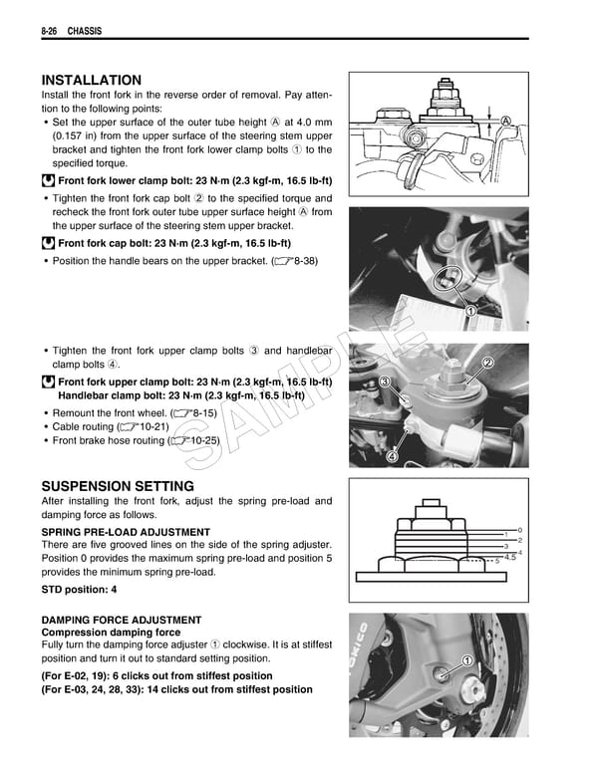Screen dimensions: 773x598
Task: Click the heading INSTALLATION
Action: (91, 81)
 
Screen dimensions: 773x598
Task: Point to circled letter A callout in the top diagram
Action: (506, 121)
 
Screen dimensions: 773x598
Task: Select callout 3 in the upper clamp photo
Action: (384, 383)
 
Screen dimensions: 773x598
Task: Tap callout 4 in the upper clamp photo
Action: (392, 456)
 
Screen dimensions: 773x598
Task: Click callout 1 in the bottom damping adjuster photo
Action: (466, 661)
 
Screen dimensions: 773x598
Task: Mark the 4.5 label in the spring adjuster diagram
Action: (510, 558)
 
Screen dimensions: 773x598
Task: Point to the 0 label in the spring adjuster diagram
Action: (520, 530)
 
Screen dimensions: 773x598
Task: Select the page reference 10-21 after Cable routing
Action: (188, 425)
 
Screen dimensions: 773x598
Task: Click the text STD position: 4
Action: (80, 591)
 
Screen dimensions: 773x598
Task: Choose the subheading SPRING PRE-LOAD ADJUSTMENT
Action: (126, 532)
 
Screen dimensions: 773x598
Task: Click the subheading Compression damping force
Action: (110, 633)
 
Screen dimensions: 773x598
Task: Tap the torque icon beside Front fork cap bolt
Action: (48, 242)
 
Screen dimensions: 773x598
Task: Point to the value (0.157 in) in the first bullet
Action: (83, 136)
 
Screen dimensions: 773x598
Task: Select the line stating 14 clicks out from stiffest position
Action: (176, 689)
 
